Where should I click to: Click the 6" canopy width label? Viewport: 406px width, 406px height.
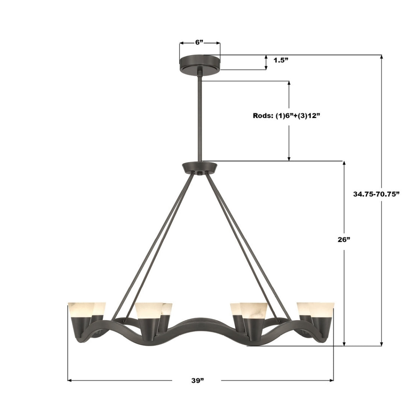(199, 42)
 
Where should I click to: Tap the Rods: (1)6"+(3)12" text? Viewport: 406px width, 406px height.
(286, 116)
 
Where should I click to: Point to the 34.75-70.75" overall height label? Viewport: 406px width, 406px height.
(376, 194)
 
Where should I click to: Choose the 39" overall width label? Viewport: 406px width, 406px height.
(197, 380)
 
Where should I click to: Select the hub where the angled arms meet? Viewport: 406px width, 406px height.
(200, 167)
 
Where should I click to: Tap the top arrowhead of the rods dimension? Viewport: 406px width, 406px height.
(289, 83)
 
